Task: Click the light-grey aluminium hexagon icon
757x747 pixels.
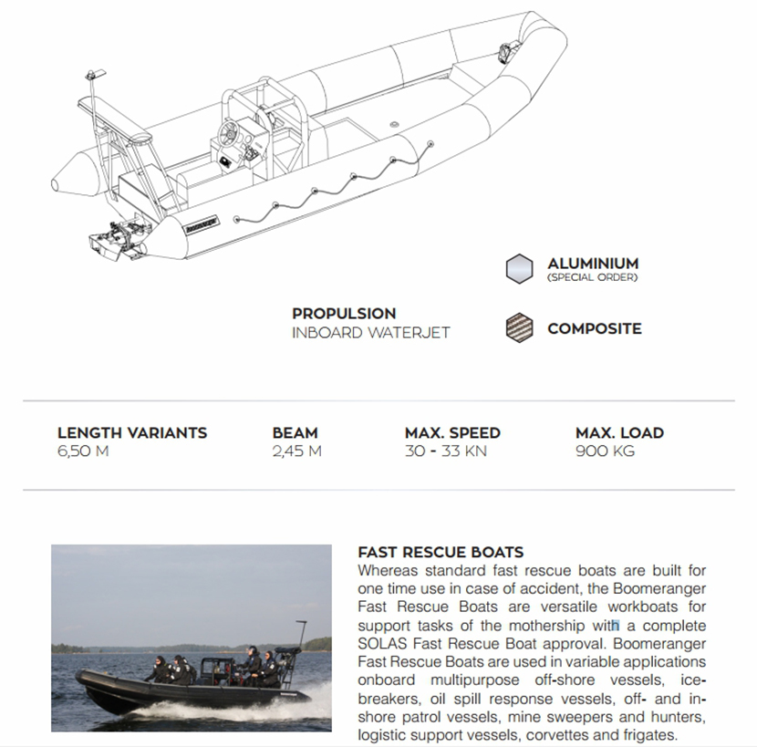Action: pos(519,268)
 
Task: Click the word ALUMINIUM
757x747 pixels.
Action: pos(593,264)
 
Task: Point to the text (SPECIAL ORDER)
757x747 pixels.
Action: pos(592,277)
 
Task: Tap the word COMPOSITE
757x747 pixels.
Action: pos(594,328)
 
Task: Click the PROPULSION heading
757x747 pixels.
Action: pos(344,314)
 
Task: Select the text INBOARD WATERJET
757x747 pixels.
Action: pos(370,333)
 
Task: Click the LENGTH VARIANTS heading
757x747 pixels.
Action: pos(131,432)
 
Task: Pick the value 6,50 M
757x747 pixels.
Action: pos(83,451)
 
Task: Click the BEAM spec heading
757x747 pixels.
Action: pos(295,432)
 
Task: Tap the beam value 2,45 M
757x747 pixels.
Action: pos(296,451)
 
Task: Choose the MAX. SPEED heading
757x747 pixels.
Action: pos(452,432)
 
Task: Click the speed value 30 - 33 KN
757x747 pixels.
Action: pos(443,451)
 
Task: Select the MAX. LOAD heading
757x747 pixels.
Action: pos(619,432)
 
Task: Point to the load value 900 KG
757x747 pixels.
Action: pos(605,451)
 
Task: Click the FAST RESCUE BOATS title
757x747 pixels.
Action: pos(441,552)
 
